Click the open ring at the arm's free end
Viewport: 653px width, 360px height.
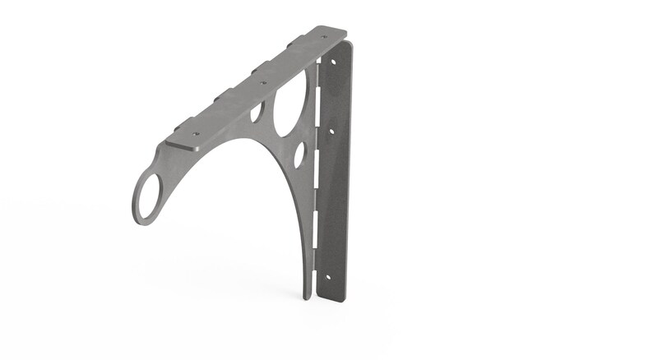click(149, 197)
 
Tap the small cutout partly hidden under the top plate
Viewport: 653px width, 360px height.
click(257, 110)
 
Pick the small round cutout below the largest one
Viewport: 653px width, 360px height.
click(300, 154)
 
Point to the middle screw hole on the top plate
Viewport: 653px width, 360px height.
click(263, 82)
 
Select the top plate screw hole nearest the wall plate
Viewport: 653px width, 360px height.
click(326, 36)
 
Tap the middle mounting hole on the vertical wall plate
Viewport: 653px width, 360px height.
click(331, 130)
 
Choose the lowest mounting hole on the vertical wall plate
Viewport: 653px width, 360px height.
click(325, 277)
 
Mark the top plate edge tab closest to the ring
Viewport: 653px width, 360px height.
click(177, 129)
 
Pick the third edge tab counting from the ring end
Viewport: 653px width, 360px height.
click(258, 66)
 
